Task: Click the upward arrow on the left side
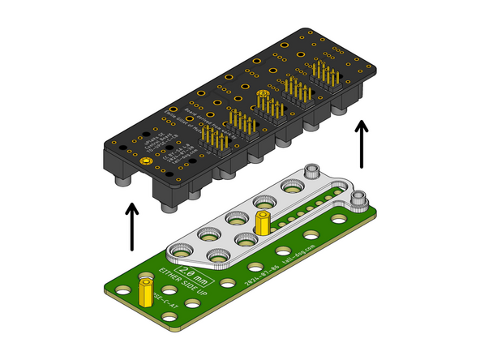pyautogui.click(x=131, y=229)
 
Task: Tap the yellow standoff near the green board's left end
pyautogui.click(x=145, y=288)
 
